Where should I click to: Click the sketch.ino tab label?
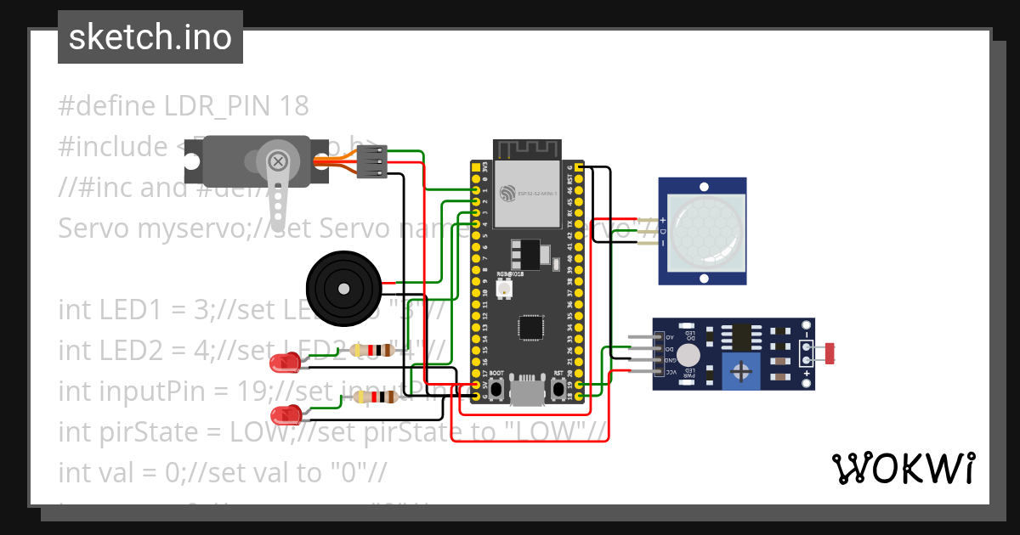point(150,37)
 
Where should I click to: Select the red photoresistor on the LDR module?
point(830,352)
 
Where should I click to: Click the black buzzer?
point(343,288)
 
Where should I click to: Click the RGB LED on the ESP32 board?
point(503,290)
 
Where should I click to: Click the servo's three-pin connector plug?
point(371,161)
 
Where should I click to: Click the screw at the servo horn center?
point(277,160)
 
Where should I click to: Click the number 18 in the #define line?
point(293,106)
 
